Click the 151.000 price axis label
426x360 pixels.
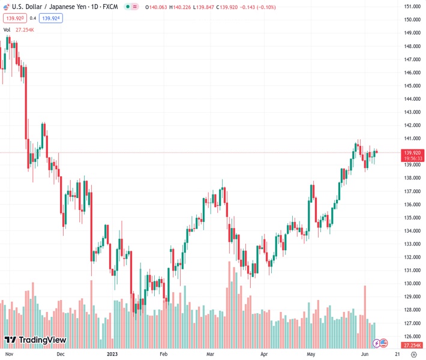(412, 7)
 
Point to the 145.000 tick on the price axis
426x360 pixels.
(412, 86)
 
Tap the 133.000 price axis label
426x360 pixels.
(412, 244)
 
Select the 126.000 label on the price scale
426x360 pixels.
(412, 337)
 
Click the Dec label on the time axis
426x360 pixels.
(60, 355)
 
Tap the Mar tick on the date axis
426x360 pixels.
(210, 355)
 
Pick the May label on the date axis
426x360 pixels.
(310, 355)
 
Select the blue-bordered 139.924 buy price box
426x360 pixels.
(51, 18)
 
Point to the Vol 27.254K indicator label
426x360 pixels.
(19, 29)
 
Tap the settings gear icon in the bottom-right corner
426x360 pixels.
(413, 355)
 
